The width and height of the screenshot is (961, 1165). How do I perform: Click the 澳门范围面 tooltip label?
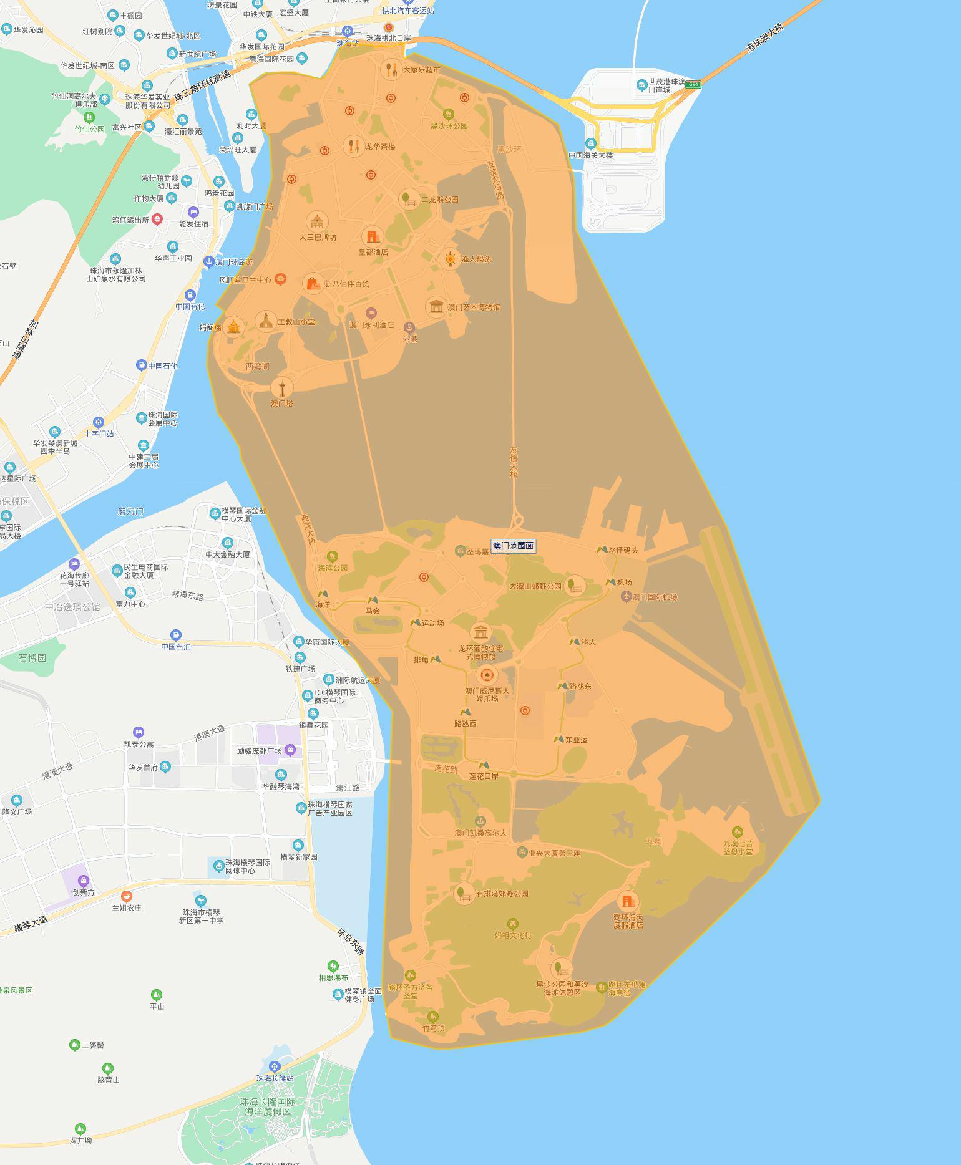(514, 546)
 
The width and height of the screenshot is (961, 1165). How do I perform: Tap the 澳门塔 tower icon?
(282, 388)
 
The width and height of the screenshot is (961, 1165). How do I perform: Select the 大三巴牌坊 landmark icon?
(317, 221)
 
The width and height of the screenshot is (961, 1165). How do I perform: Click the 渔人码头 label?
(476, 259)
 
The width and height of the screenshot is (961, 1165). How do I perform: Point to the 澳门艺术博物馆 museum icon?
(436, 307)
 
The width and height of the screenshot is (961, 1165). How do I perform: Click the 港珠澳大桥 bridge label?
(765, 37)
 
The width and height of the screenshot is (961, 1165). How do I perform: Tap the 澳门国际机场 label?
(655, 597)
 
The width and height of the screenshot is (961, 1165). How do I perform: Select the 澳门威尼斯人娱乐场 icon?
(487, 675)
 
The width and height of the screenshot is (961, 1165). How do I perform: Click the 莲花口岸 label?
(484, 776)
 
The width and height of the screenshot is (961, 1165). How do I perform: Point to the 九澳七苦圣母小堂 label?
(738, 847)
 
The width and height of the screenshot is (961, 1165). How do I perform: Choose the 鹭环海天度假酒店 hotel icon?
(628, 901)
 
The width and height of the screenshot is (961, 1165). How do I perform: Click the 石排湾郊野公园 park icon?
(464, 893)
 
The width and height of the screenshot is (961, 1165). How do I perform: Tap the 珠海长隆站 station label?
(275, 1078)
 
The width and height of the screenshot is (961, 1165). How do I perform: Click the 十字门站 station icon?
(98, 422)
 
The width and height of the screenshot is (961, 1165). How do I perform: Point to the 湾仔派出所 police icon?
(157, 219)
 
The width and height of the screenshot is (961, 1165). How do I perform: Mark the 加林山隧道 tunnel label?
(25, 341)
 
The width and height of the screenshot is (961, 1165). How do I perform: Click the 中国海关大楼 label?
(590, 155)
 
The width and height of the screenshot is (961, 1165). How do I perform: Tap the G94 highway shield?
(694, 84)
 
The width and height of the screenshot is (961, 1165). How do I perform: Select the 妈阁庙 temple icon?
(234, 326)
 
